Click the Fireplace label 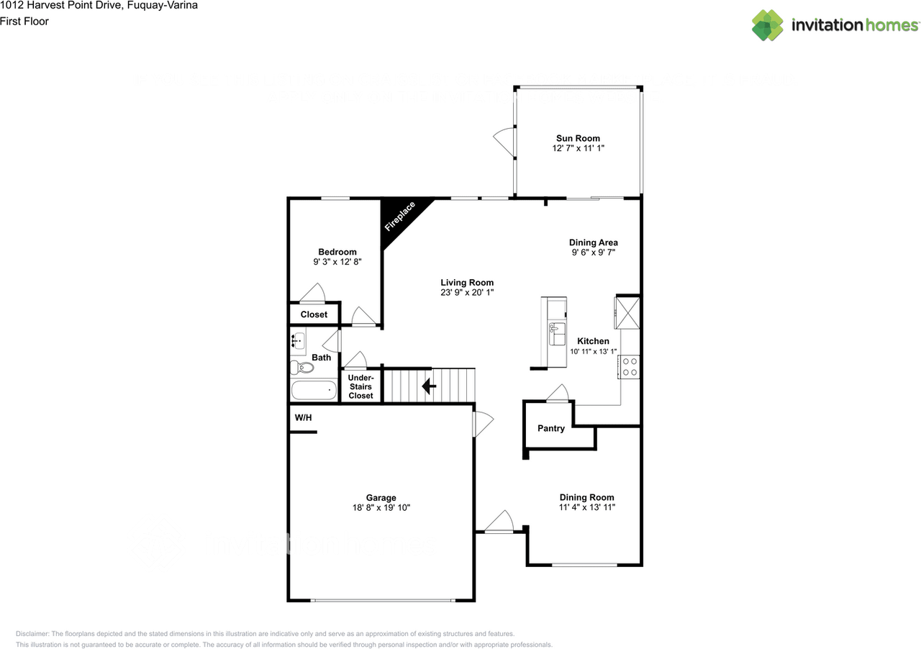click(400, 217)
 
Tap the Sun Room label click(578, 138)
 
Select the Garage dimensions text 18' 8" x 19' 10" click(381, 507)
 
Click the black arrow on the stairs click(429, 386)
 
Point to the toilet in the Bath click(303, 368)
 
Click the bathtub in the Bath click(314, 390)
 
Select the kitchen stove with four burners click(630, 367)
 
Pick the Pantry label click(551, 428)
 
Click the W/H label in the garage click(304, 418)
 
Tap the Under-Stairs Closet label click(360, 386)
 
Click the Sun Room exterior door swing click(504, 140)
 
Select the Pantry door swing click(558, 393)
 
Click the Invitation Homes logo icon click(768, 25)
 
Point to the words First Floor click(24, 21)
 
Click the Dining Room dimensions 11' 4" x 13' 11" click(587, 507)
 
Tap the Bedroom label click(337, 252)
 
